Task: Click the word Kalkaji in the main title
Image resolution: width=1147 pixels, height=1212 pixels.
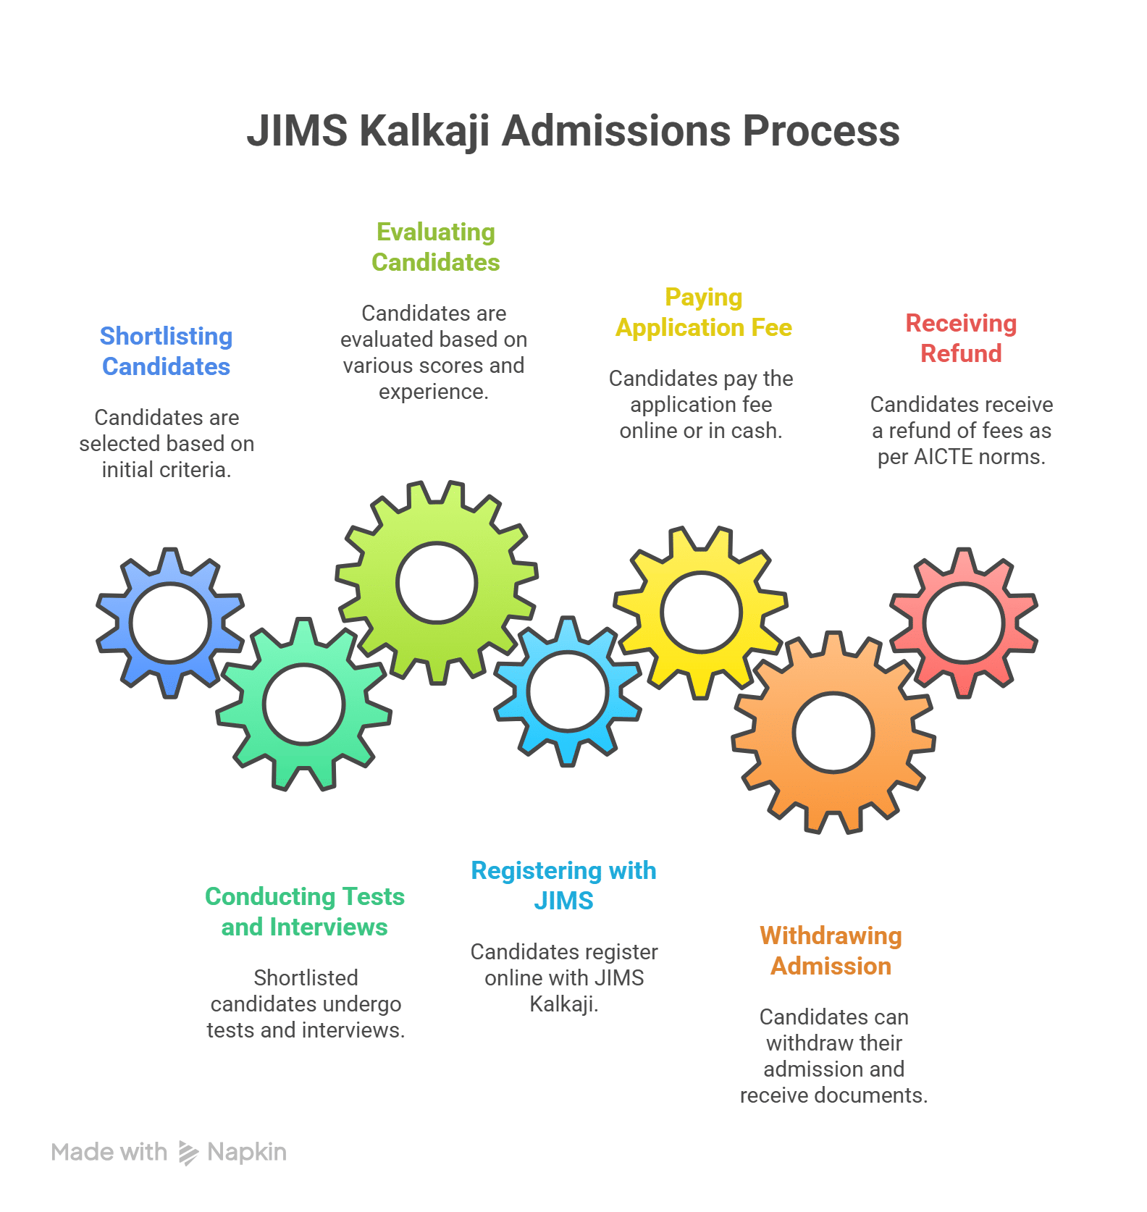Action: click(424, 132)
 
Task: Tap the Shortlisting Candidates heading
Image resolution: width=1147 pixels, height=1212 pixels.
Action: click(166, 351)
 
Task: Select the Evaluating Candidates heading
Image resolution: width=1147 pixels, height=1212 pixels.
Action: click(435, 247)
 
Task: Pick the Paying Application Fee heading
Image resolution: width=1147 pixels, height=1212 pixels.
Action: click(703, 312)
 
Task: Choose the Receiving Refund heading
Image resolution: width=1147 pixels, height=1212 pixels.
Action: click(961, 338)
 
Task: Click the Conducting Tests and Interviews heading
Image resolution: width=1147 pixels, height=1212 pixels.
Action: click(304, 912)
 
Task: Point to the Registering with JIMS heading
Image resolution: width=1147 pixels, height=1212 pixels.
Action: click(563, 885)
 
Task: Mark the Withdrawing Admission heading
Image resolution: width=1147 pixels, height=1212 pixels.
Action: click(831, 951)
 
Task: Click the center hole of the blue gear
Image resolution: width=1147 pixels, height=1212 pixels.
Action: click(170, 623)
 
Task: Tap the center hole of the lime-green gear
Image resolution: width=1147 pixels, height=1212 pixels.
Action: click(437, 583)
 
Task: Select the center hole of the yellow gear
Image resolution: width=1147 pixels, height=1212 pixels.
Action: click(701, 613)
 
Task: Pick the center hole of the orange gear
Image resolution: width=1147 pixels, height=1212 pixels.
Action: click(833, 733)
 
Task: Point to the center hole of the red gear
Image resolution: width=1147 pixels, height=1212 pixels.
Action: click(964, 623)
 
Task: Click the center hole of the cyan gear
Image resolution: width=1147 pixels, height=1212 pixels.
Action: click(567, 691)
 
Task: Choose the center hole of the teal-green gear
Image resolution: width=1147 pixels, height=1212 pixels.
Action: click(303, 704)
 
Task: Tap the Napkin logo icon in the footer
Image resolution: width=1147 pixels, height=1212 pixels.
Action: click(188, 1153)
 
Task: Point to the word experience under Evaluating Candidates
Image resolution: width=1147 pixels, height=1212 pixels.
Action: click(432, 392)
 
